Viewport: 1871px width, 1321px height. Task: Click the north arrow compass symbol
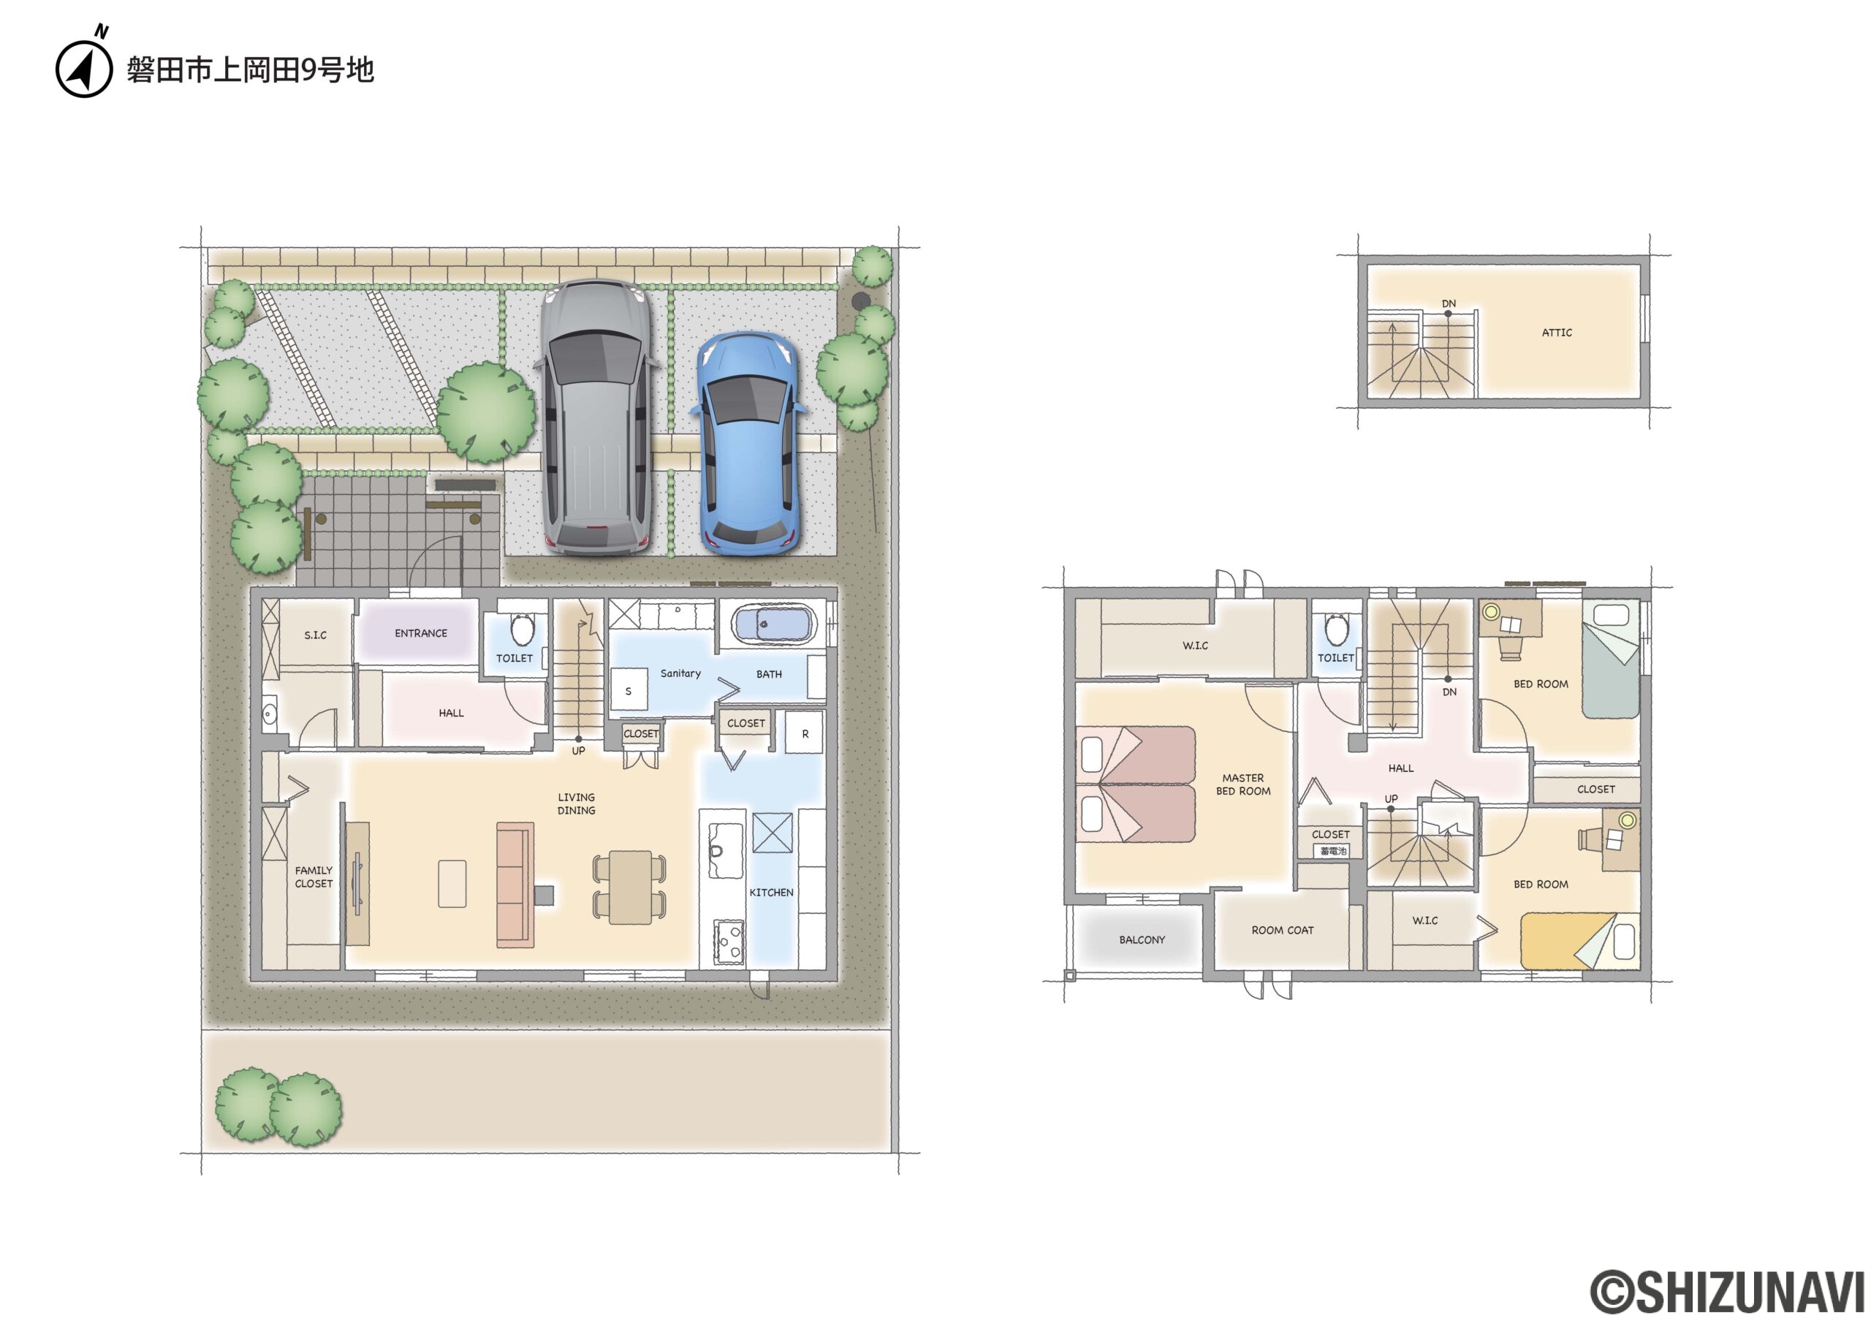point(84,65)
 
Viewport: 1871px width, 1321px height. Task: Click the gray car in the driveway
point(597,418)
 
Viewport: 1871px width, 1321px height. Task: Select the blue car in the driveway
point(749,444)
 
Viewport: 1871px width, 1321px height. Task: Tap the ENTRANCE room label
point(420,633)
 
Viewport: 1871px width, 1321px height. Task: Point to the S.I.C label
point(315,635)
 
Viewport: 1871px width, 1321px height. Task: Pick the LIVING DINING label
point(576,803)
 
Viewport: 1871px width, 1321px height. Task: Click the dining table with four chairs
point(629,887)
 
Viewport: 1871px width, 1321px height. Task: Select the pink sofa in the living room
point(515,885)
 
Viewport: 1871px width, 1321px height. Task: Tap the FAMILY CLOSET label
point(314,877)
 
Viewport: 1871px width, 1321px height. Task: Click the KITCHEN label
point(771,893)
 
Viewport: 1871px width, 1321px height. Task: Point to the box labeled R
point(804,733)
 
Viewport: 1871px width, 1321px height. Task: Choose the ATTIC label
point(1557,333)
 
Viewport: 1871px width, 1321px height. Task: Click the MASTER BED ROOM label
point(1242,784)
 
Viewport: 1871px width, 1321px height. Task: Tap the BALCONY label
point(1142,939)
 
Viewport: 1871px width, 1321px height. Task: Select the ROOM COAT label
point(1283,930)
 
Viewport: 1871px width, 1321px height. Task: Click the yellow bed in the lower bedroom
point(1580,942)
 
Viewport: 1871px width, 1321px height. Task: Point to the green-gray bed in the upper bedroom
point(1610,659)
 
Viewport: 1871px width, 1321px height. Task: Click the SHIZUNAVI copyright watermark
point(1728,1291)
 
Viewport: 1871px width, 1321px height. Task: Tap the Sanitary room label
point(680,673)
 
